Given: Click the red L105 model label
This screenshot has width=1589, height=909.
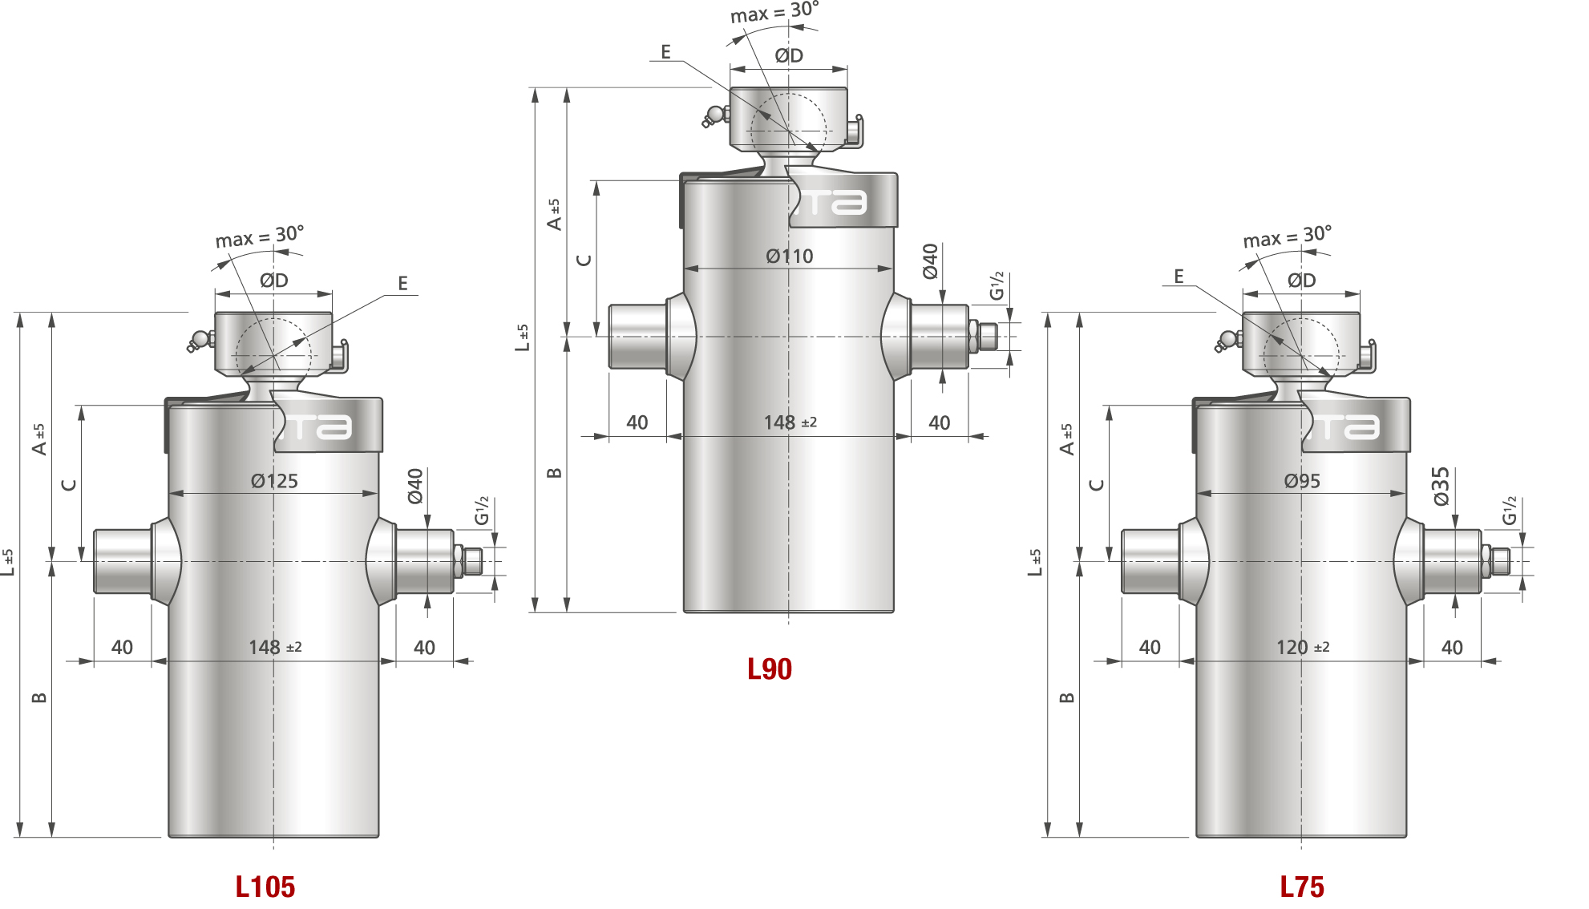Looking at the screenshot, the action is point(265,887).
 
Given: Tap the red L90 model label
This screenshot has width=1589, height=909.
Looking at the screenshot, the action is point(770,669).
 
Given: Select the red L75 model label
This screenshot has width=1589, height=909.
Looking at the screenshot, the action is point(1302,887).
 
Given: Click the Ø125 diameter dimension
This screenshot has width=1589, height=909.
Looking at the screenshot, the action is point(274,481).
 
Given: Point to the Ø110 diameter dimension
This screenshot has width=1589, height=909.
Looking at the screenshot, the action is point(790,257).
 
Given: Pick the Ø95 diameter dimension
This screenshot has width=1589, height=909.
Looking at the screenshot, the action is point(1302,481).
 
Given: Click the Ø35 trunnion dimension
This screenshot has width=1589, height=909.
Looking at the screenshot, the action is point(1441,487).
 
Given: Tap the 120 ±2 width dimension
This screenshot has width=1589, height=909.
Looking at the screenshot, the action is point(1303,647).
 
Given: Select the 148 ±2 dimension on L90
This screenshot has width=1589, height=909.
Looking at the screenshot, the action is point(790,422).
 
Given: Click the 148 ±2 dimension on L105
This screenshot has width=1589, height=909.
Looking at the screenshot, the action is point(275,647).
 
